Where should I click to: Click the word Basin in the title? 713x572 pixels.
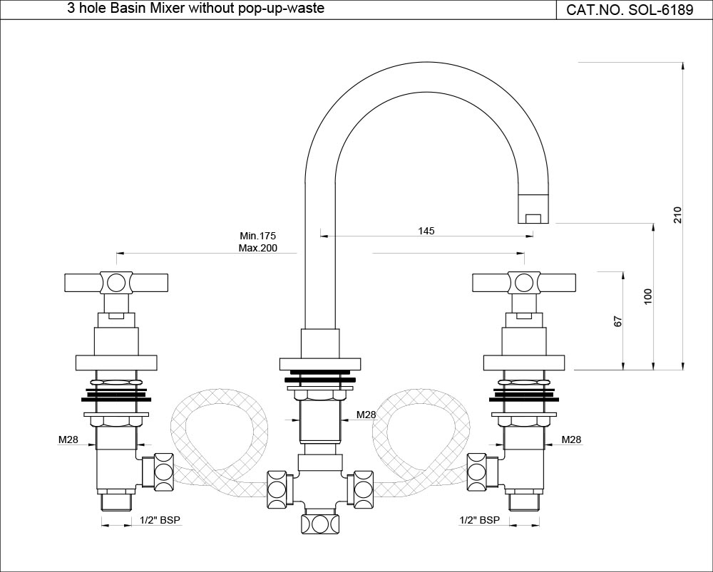tap(134, 9)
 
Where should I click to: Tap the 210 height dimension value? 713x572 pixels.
tap(677, 215)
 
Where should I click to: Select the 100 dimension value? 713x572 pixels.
tap(647, 297)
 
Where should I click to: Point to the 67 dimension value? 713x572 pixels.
tap(618, 321)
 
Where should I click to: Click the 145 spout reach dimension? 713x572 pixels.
tap(426, 231)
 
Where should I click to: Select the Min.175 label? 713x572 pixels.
tap(258, 236)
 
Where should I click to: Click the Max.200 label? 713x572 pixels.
tap(258, 249)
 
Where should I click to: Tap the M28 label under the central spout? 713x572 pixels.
tap(366, 415)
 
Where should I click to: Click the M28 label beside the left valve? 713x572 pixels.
tap(68, 440)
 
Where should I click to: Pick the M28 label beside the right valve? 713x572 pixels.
tap(571, 440)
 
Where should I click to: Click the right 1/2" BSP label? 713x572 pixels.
tap(478, 521)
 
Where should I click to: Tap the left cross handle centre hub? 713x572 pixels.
tap(116, 283)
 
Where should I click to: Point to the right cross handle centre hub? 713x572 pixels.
tap(524, 283)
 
